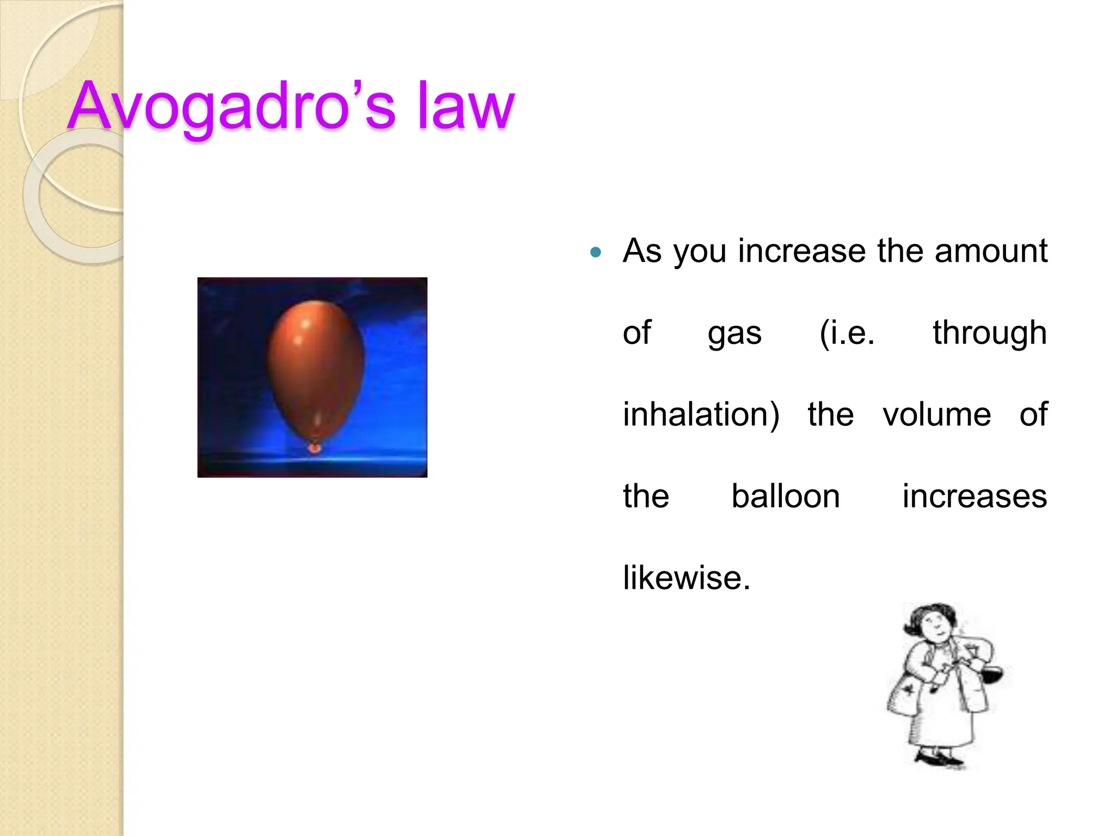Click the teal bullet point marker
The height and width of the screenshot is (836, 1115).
click(596, 252)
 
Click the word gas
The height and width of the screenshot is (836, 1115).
click(734, 334)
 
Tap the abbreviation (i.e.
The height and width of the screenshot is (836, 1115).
click(847, 333)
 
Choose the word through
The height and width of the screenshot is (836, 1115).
click(989, 333)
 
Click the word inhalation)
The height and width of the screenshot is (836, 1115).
click(701, 415)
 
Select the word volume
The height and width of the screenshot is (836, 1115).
click(936, 415)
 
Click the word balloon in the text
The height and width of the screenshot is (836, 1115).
click(785, 496)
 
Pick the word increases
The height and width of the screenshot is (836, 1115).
click(975, 496)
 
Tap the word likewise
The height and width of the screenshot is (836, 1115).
click(686, 578)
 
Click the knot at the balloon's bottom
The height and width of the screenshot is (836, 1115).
click(314, 448)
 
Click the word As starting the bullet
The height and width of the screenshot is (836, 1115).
click(642, 251)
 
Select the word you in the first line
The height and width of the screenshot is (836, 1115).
click(699, 253)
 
